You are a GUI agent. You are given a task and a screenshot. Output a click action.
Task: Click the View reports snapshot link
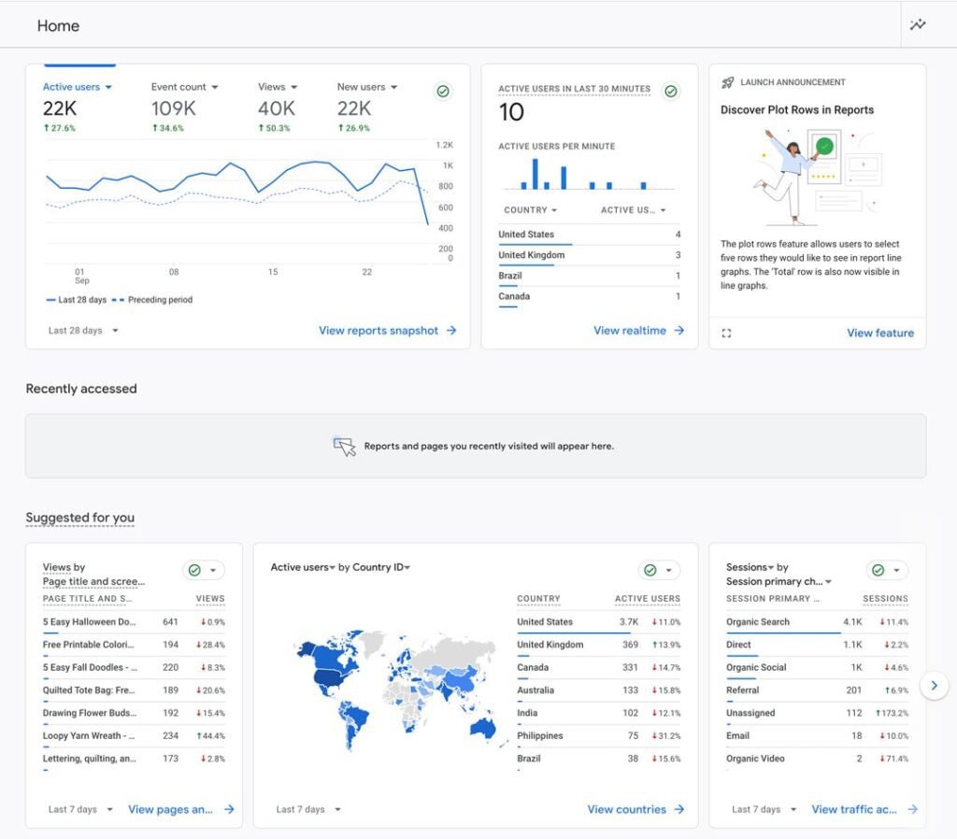click(387, 331)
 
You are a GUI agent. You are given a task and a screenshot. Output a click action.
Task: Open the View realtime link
click(638, 331)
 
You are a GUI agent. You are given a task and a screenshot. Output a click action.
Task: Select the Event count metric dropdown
click(184, 87)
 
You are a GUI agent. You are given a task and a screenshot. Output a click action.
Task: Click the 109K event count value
click(173, 108)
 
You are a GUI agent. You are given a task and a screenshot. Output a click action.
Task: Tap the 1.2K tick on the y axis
click(444, 145)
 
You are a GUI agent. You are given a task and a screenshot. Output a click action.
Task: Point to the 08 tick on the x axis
click(174, 272)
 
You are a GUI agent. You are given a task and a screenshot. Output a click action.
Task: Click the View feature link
click(880, 334)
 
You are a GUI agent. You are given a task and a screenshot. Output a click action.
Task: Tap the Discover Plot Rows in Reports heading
click(796, 110)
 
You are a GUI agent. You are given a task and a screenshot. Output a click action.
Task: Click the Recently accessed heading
click(81, 389)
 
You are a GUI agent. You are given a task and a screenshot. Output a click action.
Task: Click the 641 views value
click(170, 621)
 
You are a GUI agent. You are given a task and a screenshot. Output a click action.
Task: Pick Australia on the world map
click(483, 728)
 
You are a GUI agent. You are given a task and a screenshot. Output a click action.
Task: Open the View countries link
click(636, 810)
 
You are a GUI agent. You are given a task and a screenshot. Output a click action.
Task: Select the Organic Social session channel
click(756, 667)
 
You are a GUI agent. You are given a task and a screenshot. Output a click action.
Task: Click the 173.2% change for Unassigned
click(892, 713)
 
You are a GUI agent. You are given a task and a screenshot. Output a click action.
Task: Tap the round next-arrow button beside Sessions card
click(935, 685)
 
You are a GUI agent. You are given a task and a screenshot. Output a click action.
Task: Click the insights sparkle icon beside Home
click(918, 24)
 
